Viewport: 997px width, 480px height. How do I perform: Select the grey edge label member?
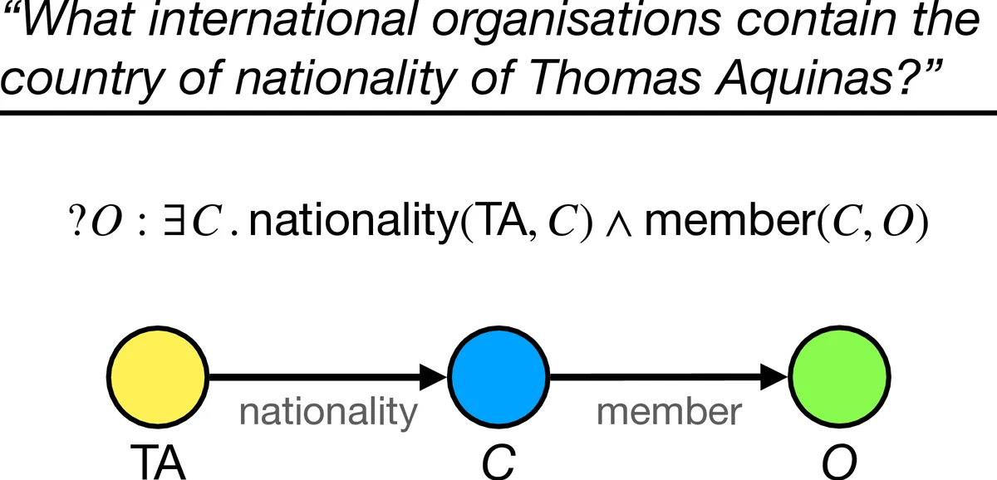[x=668, y=412]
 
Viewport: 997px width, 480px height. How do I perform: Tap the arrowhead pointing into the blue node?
[x=435, y=378]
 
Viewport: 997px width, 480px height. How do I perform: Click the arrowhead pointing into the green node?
[x=775, y=378]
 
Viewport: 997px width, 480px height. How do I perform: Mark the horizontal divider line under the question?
[x=498, y=112]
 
